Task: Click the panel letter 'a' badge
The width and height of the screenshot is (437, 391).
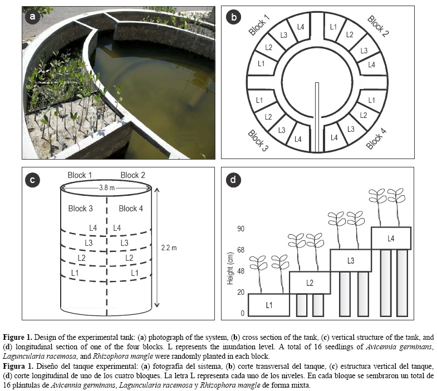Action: pos(33,17)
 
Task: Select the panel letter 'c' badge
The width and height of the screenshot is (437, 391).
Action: pos(33,180)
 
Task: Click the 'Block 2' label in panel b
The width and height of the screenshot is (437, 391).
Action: pos(377,26)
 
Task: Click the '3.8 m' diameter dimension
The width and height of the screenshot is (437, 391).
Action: pos(106,188)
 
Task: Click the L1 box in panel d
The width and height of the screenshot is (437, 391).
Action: pos(268,304)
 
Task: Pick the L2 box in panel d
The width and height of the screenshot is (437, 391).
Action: pos(310,283)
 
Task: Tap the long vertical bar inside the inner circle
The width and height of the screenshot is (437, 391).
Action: pos(317,117)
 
